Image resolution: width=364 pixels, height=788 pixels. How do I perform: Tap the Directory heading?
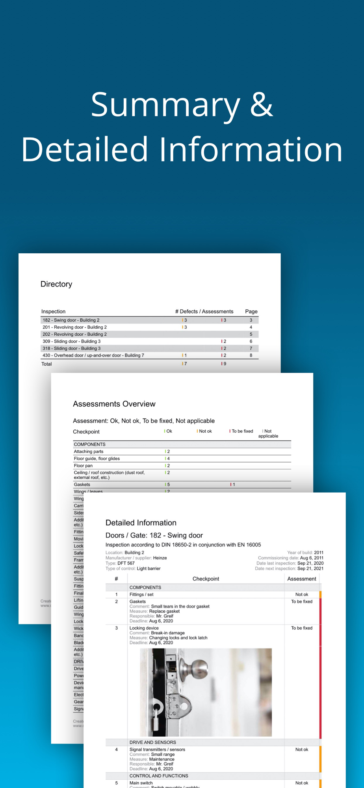56,284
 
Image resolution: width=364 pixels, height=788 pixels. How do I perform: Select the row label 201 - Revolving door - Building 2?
74,327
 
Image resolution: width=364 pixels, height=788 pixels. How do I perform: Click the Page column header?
251,311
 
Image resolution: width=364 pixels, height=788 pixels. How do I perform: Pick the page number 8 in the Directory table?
251,355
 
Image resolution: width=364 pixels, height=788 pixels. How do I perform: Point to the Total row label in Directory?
46,364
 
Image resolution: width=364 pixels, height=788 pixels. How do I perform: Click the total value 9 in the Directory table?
225,364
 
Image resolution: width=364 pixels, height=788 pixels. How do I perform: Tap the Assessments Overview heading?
114,404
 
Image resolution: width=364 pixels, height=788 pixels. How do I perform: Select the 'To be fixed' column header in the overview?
242,431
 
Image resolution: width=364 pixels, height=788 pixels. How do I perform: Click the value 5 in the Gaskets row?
169,485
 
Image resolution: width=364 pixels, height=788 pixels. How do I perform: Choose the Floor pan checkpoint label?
83,466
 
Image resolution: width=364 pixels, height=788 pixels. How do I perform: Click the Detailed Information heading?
141,523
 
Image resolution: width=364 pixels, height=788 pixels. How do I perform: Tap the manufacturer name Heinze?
160,558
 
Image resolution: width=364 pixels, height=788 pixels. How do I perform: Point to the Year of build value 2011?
319,552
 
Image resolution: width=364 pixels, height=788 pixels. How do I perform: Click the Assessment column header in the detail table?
301,579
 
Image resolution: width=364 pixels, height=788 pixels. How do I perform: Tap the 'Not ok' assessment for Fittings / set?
302,595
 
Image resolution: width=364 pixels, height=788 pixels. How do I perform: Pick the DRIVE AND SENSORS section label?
153,742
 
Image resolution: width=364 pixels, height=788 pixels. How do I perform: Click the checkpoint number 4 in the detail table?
116,749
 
